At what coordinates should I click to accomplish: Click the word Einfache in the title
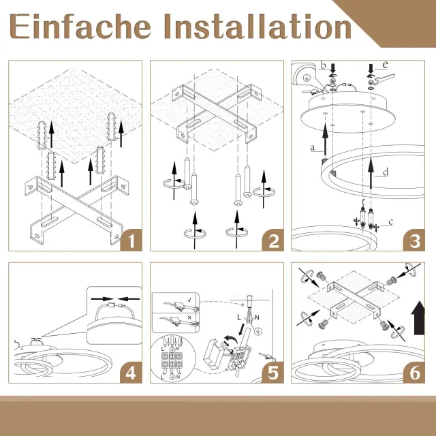coord(80,26)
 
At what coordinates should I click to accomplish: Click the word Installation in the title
coord(258,26)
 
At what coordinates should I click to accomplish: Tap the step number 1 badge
coord(131,240)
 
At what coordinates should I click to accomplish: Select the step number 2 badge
coord(272,240)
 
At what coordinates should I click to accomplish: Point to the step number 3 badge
coord(414,240)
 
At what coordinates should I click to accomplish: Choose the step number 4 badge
coord(131,373)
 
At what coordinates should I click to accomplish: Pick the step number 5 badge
coord(272,373)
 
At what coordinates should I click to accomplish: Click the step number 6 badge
coord(414,373)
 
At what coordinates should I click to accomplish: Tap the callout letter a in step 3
coord(313,147)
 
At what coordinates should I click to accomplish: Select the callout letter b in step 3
coord(324,65)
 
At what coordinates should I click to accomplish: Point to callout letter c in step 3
coord(390,222)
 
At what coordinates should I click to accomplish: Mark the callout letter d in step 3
coord(386,172)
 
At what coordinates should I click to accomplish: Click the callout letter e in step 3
coord(385,65)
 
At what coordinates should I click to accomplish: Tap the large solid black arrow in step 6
coord(418,318)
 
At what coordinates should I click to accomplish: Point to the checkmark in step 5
coord(189,300)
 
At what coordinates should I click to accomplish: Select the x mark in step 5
coord(189,317)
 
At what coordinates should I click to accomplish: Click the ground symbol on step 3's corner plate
coord(306,78)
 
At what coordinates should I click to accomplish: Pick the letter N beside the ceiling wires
coord(257,317)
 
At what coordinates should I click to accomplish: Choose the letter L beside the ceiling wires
coord(239,317)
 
